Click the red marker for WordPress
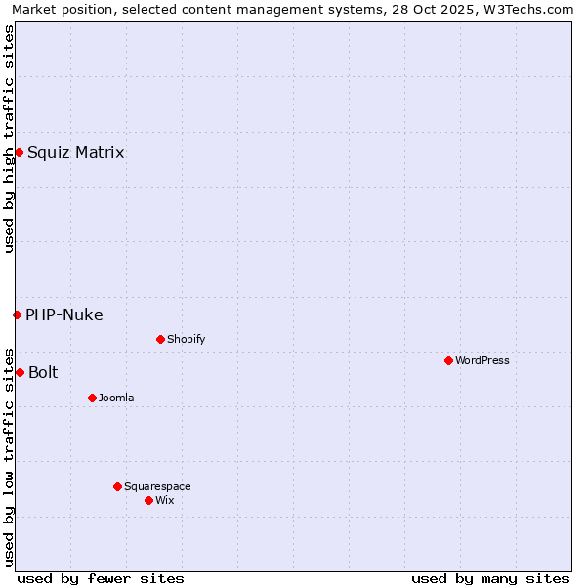click(x=448, y=360)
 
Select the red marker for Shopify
click(x=160, y=339)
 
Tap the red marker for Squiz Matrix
click(x=19, y=152)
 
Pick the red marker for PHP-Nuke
click(x=17, y=314)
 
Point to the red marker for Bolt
click(x=20, y=372)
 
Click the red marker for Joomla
click(x=92, y=398)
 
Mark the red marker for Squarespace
click(x=117, y=486)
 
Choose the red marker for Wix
click(x=148, y=500)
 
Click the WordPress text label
click(x=482, y=360)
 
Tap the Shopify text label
click(x=186, y=339)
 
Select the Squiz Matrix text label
click(x=76, y=152)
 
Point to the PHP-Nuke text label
click(x=64, y=314)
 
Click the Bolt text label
click(x=43, y=372)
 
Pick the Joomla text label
click(x=116, y=398)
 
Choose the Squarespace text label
click(x=157, y=486)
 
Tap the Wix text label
click(x=165, y=500)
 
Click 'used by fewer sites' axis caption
click(x=101, y=578)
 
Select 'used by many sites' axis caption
click(x=490, y=578)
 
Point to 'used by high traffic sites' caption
click(x=9, y=139)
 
